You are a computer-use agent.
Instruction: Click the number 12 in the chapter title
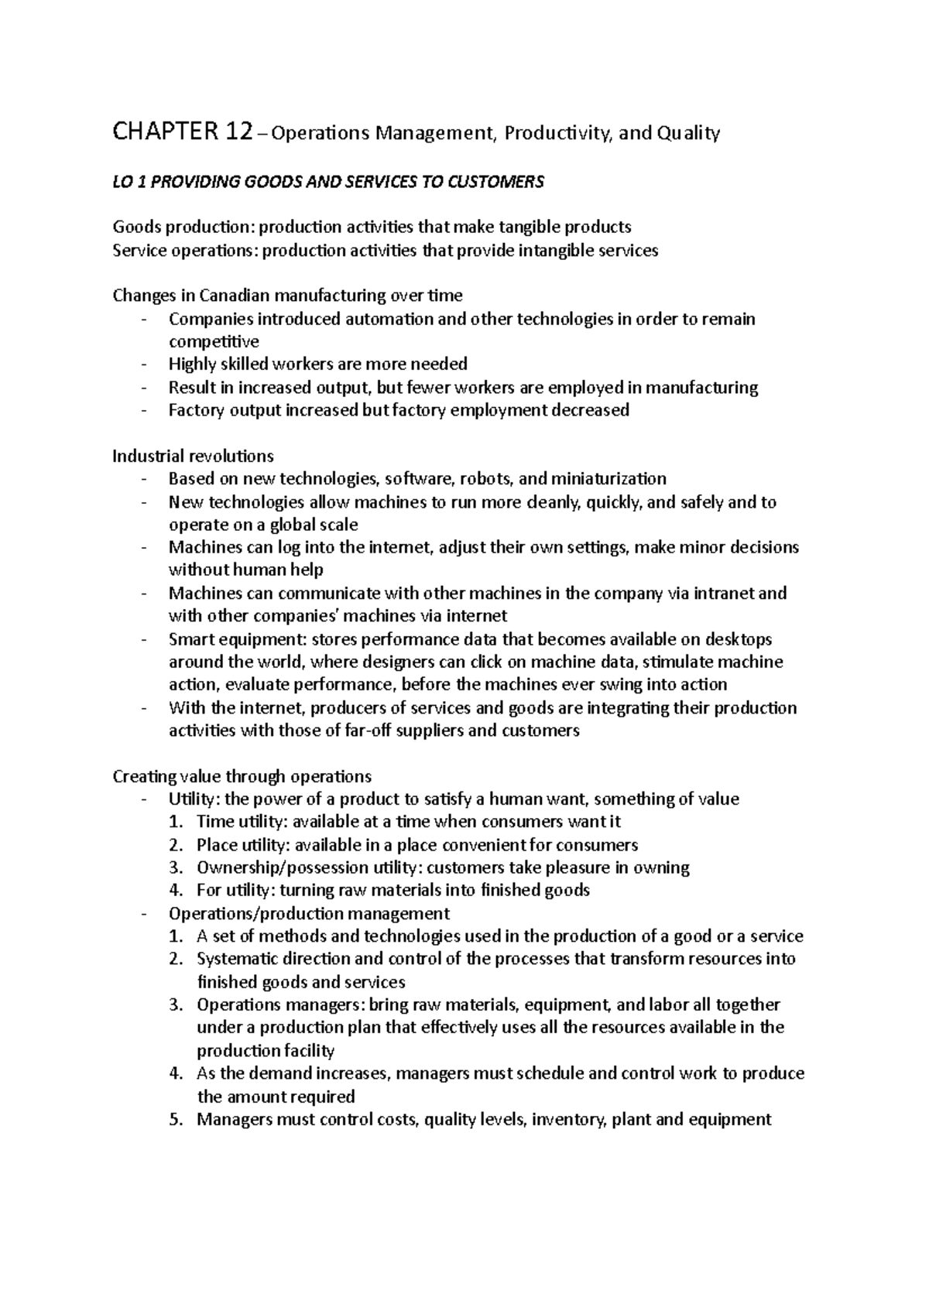(x=234, y=133)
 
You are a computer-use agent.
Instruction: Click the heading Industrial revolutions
(x=193, y=456)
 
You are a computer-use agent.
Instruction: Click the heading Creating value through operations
(x=242, y=776)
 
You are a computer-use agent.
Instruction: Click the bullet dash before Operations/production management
(x=144, y=913)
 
